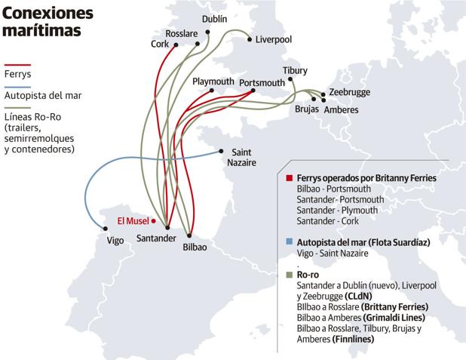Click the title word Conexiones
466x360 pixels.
[49, 14]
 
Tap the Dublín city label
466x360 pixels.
[215, 18]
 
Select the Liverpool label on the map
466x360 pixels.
[273, 39]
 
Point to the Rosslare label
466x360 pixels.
[181, 34]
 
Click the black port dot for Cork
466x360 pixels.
[176, 45]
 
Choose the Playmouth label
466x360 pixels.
[213, 81]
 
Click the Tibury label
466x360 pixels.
[295, 71]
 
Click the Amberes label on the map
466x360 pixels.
[341, 110]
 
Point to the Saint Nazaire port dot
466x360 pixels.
[220, 149]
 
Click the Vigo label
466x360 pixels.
[115, 242]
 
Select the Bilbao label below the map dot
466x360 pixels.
[195, 246]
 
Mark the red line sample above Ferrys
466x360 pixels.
[17, 64]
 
